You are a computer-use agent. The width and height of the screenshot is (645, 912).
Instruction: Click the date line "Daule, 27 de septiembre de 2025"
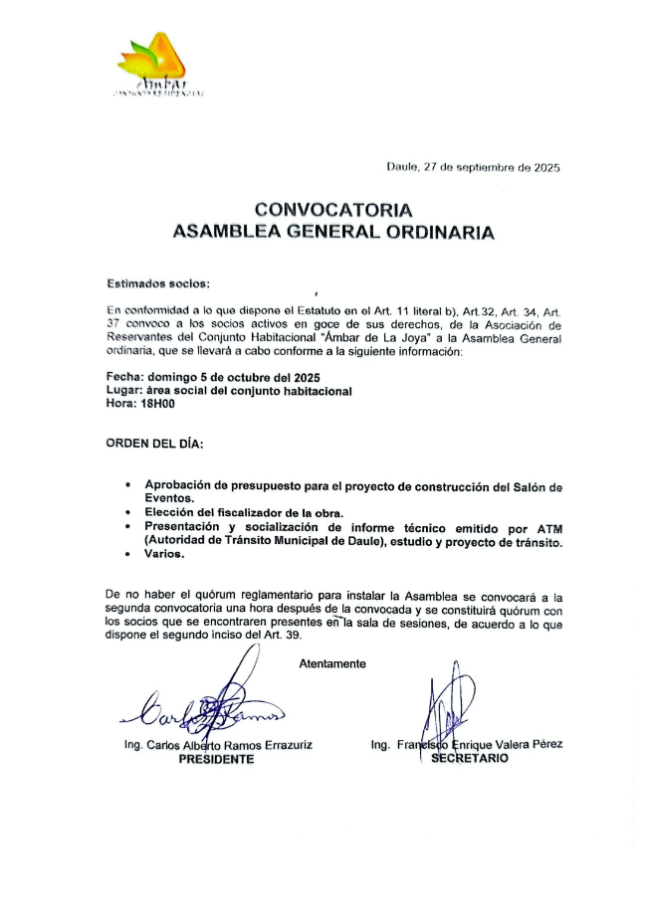(473, 168)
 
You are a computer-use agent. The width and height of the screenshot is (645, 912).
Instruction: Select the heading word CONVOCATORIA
(332, 210)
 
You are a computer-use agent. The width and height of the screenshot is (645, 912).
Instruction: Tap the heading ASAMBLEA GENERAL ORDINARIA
(332, 233)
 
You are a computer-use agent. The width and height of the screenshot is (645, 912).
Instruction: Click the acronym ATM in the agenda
(548, 527)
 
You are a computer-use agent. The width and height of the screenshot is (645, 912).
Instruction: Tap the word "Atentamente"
(332, 663)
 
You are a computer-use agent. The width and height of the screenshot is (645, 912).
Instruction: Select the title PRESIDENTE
(216, 759)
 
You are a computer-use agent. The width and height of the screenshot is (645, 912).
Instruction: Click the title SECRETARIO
(470, 757)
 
